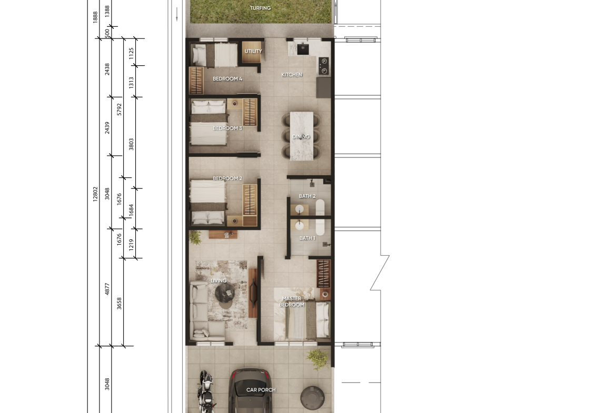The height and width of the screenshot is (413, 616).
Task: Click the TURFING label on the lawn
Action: pyautogui.click(x=261, y=8)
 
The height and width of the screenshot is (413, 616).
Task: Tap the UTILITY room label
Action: pyautogui.click(x=253, y=51)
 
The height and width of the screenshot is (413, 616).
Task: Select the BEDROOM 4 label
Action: pyautogui.click(x=227, y=78)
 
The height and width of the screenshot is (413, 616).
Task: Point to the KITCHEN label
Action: pyautogui.click(x=292, y=75)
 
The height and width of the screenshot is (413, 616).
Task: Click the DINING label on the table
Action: pyautogui.click(x=301, y=137)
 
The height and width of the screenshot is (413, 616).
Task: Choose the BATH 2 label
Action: pyautogui.click(x=307, y=196)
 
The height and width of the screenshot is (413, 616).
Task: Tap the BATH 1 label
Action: pyautogui.click(x=307, y=238)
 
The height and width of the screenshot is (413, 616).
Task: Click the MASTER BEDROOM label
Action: pyautogui.click(x=292, y=301)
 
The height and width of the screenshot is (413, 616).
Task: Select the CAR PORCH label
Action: pyautogui.click(x=261, y=390)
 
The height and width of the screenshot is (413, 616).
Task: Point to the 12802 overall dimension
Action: pyautogui.click(x=95, y=194)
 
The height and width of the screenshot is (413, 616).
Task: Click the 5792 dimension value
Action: pyautogui.click(x=120, y=109)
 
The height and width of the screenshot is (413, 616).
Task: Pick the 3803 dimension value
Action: pyautogui.click(x=131, y=144)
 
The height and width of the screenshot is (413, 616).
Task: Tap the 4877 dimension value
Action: pyautogui.click(x=107, y=289)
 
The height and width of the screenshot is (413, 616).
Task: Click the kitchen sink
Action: pyautogui.click(x=303, y=49)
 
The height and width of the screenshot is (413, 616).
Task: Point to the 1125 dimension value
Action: pyautogui.click(x=131, y=53)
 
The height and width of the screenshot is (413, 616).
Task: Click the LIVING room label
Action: pyautogui.click(x=218, y=281)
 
